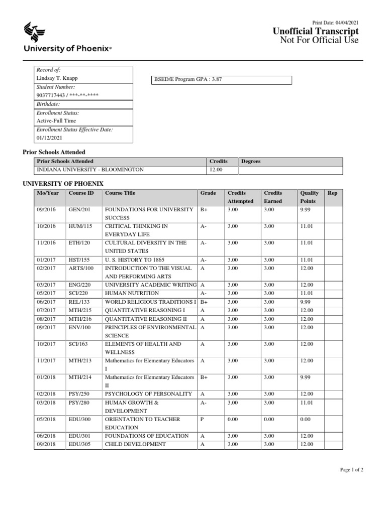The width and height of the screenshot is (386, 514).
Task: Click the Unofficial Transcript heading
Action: click(x=316, y=32)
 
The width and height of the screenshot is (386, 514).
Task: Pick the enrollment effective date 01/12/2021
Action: click(x=48, y=138)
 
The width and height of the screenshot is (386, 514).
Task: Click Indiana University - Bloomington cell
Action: click(x=90, y=170)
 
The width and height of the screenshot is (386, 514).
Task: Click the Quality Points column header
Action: click(x=309, y=197)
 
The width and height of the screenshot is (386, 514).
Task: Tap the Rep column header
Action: click(x=332, y=193)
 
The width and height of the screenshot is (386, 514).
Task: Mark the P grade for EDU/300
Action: click(x=202, y=419)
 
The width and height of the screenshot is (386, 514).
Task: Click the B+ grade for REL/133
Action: click(x=204, y=302)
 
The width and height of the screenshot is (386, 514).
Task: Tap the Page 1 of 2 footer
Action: click(x=351, y=469)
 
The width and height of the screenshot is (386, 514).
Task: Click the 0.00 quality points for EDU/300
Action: click(x=306, y=419)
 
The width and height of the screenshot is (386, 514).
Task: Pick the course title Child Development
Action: click(x=135, y=444)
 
